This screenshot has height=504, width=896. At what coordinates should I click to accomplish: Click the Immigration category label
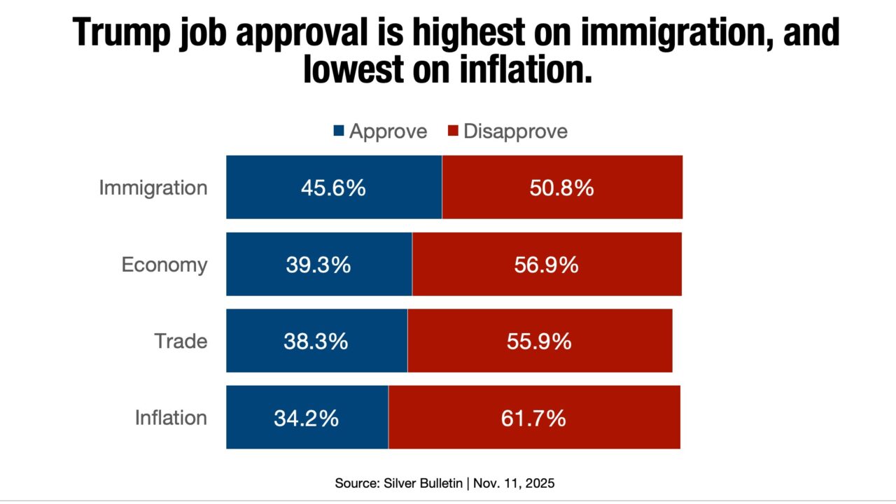[x=153, y=188]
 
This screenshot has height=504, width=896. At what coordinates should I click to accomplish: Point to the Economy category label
[x=164, y=265]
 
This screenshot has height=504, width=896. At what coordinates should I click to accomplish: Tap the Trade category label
[x=181, y=342]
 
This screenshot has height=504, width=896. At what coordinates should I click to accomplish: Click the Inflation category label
[x=171, y=418]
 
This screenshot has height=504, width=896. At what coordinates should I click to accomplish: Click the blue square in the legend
[x=339, y=131]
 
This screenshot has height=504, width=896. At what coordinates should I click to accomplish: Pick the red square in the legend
[x=453, y=131]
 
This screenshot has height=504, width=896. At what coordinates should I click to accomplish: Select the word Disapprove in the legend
[x=515, y=131]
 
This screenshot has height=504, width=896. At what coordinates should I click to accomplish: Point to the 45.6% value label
[x=333, y=188]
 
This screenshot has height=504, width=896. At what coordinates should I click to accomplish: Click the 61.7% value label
[x=533, y=419]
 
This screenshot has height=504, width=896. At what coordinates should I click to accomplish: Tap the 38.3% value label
[x=316, y=342]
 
